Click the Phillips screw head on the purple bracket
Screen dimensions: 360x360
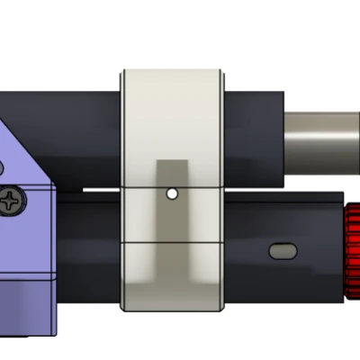[x=13, y=201]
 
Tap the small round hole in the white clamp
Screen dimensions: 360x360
[x=172, y=193]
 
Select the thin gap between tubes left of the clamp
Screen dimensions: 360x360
[x=90, y=192]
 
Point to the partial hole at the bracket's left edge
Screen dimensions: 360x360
[x=2, y=166]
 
